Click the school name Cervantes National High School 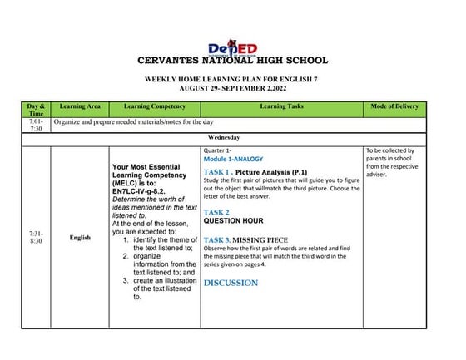(232, 61)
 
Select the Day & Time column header (36, 109)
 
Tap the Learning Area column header (80, 106)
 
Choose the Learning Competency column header (154, 106)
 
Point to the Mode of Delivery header (396, 106)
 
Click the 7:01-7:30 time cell (36, 126)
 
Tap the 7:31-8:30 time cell (36, 238)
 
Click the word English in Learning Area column (80, 238)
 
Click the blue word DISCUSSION (231, 283)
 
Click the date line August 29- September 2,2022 (232, 86)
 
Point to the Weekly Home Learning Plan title (232, 77)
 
